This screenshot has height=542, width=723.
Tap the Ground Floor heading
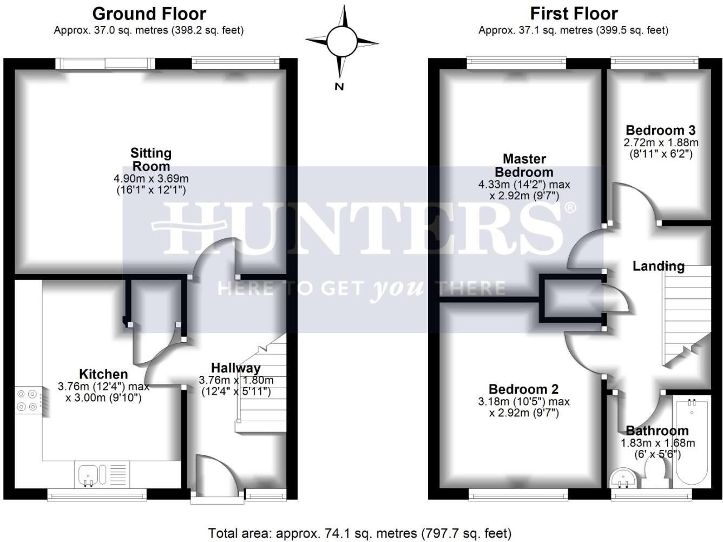pyautogui.click(x=149, y=14)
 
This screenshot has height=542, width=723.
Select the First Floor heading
pyautogui.click(x=574, y=14)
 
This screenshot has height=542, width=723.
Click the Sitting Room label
pyautogui.click(x=151, y=160)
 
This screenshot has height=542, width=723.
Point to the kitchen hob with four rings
pyautogui.click(x=27, y=400)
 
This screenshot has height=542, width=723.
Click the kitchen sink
pyautogui.click(x=88, y=474)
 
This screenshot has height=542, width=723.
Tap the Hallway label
pyautogui.click(x=235, y=368)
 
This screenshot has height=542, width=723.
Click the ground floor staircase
pyautogui.click(x=263, y=384)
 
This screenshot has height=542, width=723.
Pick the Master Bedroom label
pyautogui.click(x=524, y=166)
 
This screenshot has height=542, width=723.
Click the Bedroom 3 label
pyautogui.click(x=660, y=130)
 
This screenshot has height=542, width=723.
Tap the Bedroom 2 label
pyautogui.click(x=523, y=389)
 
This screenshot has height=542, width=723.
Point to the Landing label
pyautogui.click(x=658, y=266)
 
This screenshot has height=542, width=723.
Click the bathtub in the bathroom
pyautogui.click(x=691, y=442)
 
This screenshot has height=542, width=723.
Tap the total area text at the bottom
pyautogui.click(x=359, y=533)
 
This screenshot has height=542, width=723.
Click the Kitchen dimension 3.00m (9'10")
pyautogui.click(x=103, y=398)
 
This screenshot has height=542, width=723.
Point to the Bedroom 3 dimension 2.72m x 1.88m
pyautogui.click(x=661, y=143)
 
